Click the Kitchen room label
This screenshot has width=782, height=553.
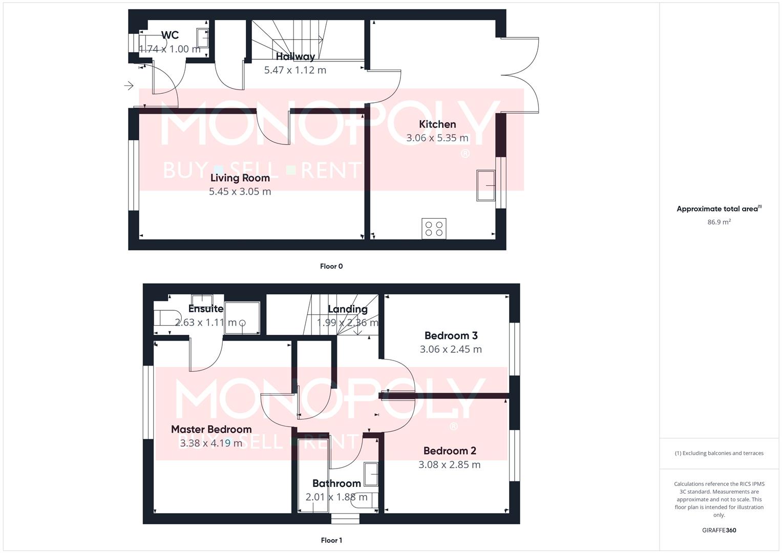point(437,124)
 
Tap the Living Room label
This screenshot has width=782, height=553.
point(240,178)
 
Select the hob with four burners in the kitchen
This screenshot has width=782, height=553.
point(434,228)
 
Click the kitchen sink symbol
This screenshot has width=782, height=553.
point(485,185)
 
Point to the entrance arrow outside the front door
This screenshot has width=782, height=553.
point(129,86)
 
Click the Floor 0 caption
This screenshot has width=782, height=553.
point(331,266)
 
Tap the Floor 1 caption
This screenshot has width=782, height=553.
point(331,540)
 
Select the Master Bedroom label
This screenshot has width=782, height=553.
point(211,430)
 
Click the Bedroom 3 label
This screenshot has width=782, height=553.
point(451,336)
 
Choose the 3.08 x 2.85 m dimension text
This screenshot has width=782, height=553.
point(449,465)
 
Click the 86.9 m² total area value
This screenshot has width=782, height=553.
point(719,222)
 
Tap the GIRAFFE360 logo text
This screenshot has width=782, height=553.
point(719,530)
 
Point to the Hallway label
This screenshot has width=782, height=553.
point(295,57)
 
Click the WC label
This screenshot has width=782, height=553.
point(170,35)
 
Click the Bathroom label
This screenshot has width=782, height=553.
point(336,483)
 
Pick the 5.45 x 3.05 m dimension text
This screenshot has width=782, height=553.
point(240,192)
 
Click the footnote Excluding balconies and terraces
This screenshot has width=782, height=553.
point(719,453)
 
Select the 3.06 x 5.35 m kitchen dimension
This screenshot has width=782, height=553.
point(437,138)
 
